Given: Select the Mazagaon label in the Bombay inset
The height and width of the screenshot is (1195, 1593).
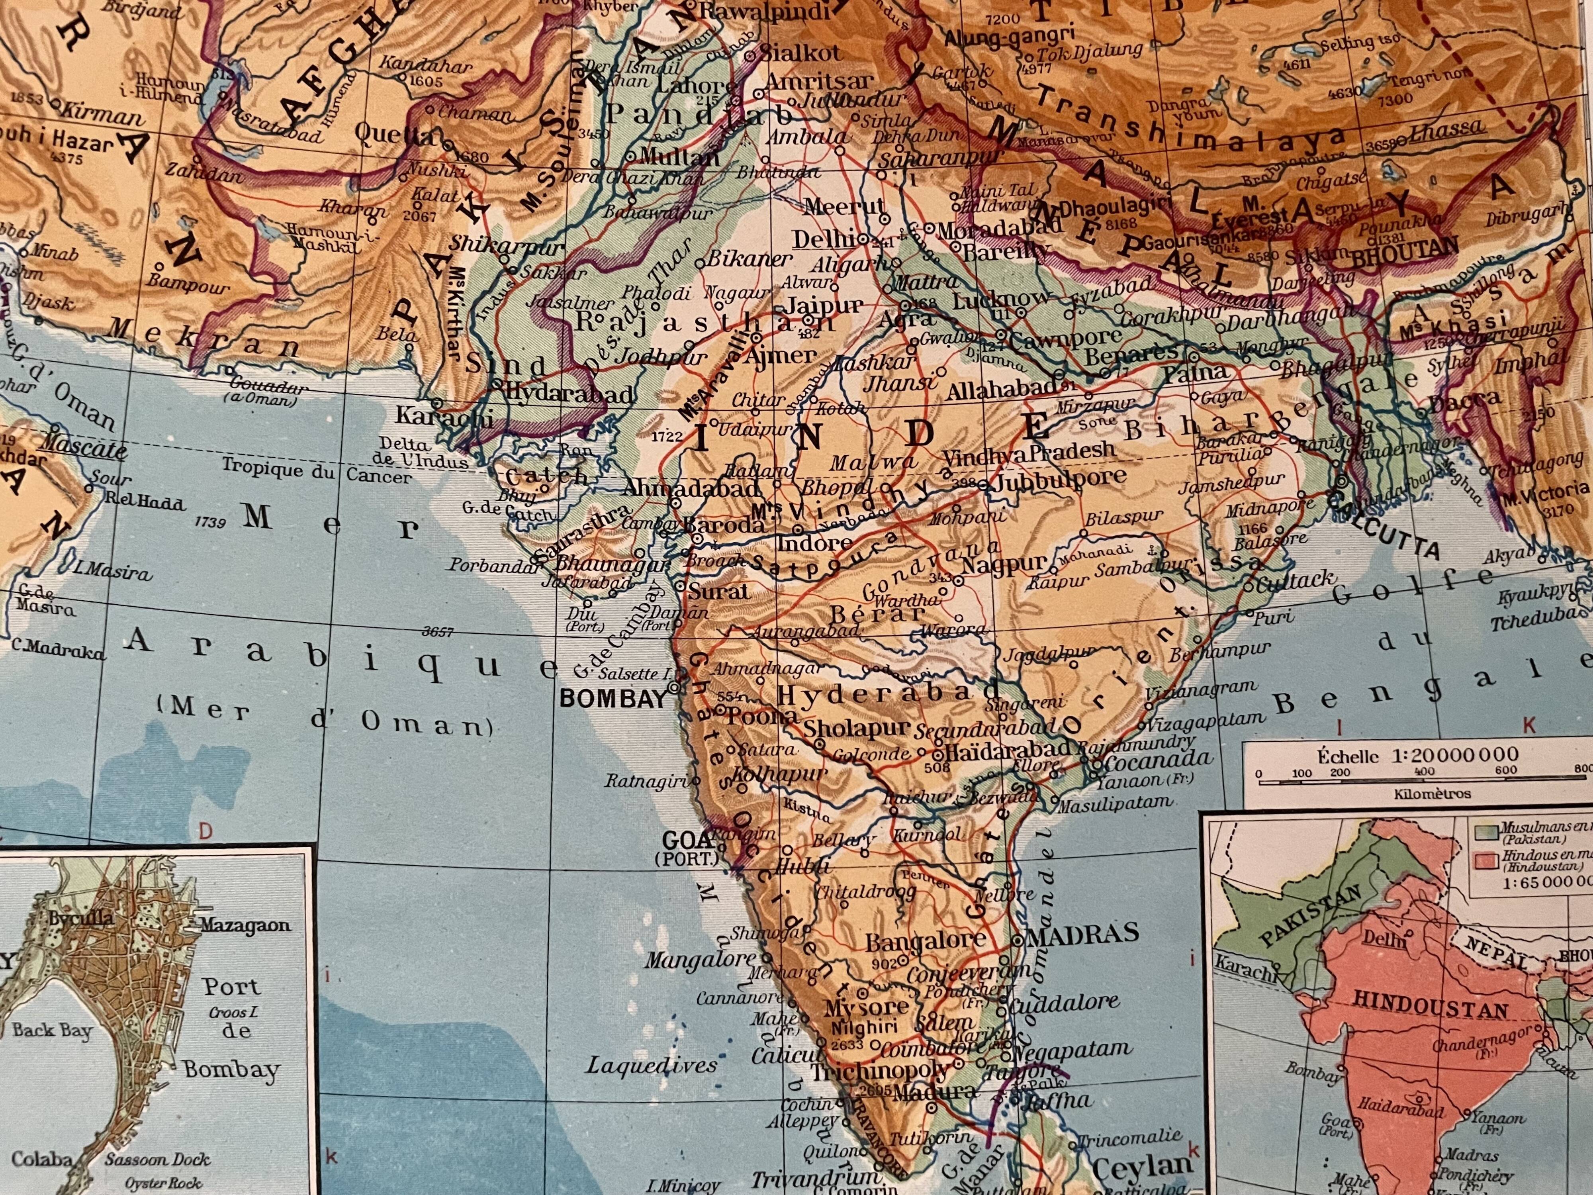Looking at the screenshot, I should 245,926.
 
